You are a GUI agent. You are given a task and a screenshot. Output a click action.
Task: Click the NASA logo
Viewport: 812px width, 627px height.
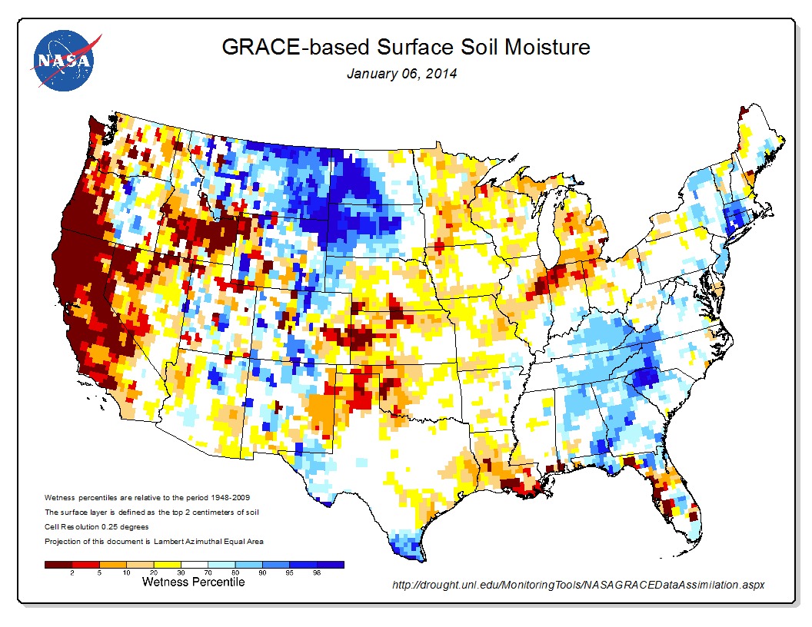tap(62, 60)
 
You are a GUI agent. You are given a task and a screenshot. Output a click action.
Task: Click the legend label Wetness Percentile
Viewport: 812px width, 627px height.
tap(193, 582)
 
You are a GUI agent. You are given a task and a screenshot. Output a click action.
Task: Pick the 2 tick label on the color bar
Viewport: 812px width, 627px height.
tap(72, 572)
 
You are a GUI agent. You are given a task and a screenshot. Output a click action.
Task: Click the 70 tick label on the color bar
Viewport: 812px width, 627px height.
tap(208, 572)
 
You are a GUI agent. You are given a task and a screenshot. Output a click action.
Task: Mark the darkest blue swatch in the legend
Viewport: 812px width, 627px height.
tap(331, 564)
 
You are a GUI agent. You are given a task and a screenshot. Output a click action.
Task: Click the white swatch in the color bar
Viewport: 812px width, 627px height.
tap(194, 564)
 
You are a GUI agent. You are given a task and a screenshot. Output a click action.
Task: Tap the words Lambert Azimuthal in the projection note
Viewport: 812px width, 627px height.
tap(179, 541)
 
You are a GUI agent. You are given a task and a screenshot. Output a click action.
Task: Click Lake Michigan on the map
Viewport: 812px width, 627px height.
tap(547, 231)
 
